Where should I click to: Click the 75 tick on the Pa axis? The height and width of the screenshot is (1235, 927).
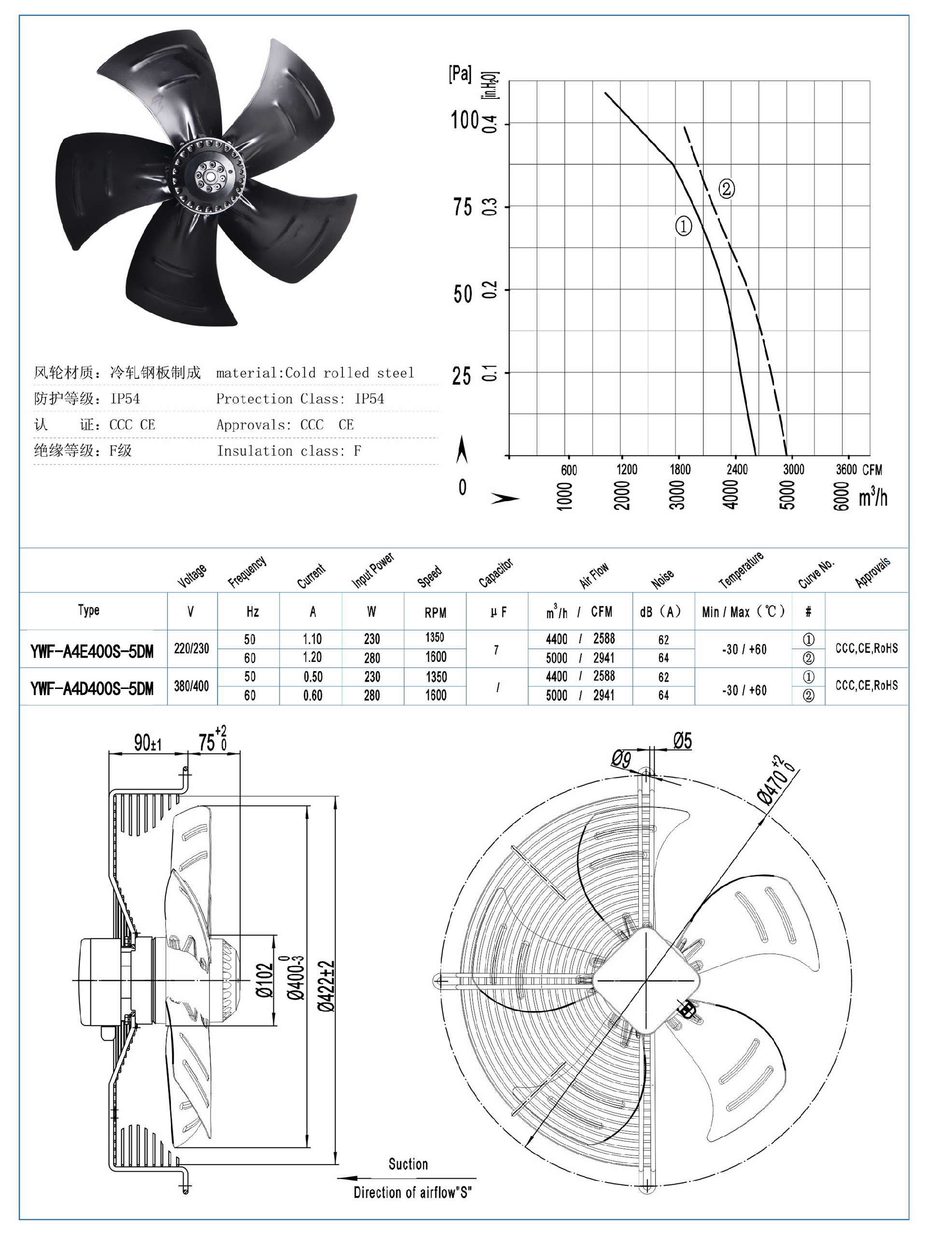463,207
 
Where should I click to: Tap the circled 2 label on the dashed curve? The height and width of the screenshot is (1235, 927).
726,189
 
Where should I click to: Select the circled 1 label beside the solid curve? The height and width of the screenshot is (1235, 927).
684,226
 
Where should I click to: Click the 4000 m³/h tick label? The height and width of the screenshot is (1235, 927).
730,495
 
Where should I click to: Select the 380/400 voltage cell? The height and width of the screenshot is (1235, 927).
191,686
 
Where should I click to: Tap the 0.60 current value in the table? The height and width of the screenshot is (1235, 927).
313,696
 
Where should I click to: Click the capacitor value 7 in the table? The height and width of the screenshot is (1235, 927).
496,650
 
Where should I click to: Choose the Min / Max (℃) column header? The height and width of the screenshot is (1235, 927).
743,612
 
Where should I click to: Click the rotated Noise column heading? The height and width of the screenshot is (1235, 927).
662,578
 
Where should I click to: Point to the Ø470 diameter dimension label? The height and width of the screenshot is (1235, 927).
777,781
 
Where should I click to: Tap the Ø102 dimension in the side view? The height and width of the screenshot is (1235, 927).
265,980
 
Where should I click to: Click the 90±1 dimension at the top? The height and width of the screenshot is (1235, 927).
147,743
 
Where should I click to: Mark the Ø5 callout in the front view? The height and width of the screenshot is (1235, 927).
682,741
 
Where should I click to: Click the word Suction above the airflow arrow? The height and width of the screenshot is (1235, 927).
408,1164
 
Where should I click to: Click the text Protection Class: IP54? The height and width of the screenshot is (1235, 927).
300,399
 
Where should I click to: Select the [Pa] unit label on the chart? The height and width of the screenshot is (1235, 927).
460,73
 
